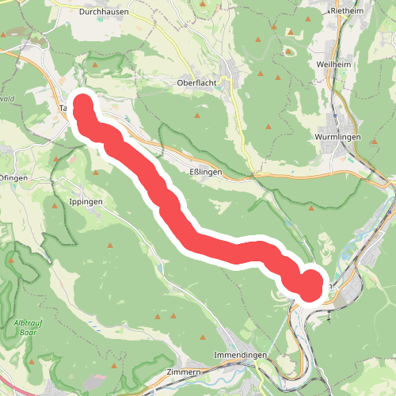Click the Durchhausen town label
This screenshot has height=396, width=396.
pos(104,12)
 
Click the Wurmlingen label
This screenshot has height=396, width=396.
pos(338,137)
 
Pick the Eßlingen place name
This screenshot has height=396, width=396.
pos(207,172)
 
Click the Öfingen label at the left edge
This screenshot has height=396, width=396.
pos(13,177)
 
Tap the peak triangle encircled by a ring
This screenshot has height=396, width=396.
pos(288,50)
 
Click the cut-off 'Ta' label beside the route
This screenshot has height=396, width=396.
pos(64,109)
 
